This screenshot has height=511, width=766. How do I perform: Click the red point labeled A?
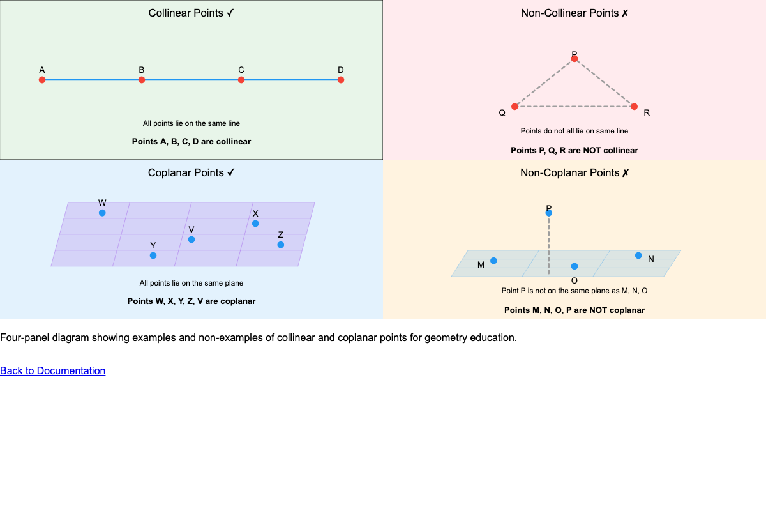tap(42, 80)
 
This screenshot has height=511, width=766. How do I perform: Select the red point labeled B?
tap(142, 80)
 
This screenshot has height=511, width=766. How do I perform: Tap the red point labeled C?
tap(241, 80)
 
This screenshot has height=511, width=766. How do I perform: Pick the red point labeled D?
tap(341, 80)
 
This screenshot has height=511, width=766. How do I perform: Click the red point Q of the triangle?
tap(514, 107)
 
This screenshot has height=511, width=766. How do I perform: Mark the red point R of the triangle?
tap(634, 107)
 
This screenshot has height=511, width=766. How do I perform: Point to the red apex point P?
tap(574, 59)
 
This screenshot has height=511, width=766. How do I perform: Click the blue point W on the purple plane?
tap(102, 213)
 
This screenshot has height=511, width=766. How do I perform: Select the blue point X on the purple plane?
tap(255, 224)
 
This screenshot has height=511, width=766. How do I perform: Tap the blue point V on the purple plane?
tap(191, 240)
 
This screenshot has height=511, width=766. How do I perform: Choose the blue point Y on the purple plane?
tap(153, 256)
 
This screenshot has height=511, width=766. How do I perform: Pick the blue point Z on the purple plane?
tap(280, 245)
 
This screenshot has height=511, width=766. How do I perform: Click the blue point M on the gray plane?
tap(493, 261)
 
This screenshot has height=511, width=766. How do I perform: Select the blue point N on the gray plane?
tap(638, 256)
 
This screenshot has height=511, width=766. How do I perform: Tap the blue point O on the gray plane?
tap(574, 266)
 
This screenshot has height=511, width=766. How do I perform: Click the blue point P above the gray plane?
tap(549, 213)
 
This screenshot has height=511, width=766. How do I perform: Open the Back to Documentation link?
tap(52, 370)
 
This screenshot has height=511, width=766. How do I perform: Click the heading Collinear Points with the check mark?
tap(191, 13)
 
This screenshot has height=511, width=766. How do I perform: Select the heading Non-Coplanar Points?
tap(574, 172)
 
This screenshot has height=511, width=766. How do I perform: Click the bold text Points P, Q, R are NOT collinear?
tap(574, 151)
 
